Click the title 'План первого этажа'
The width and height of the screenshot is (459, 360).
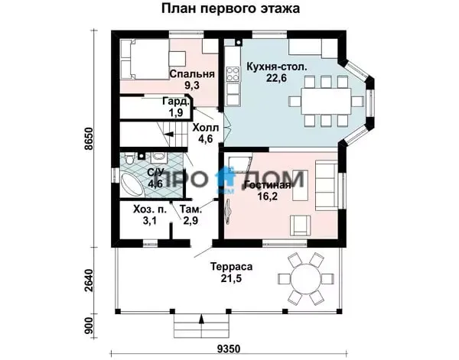coord(231,8)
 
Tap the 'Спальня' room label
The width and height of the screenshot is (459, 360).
coord(192,74)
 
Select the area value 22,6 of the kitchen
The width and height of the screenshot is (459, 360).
coord(276,79)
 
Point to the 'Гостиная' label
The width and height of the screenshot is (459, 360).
coord(268,185)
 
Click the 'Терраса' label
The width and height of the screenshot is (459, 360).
coord(231,267)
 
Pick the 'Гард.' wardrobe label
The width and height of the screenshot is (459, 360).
coord(176,102)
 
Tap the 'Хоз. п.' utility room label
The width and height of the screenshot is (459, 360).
coord(150,209)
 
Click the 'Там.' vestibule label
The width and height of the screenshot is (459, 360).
coord(190,209)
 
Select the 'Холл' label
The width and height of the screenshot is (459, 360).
coord(206,128)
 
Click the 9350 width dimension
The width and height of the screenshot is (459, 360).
coord(229,349)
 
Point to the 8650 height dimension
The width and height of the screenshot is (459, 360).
coord(89,138)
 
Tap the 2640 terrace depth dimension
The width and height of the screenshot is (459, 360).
coord(89,281)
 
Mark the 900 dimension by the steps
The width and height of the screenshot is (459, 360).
coord(89,326)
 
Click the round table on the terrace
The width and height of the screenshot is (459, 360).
coord(305,277)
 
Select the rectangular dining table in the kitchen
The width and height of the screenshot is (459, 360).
coord(326,102)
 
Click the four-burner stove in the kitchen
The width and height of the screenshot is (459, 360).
coord(233,74)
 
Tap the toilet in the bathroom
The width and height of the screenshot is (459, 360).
coord(129,160)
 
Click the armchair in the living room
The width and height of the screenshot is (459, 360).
coord(301,225)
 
